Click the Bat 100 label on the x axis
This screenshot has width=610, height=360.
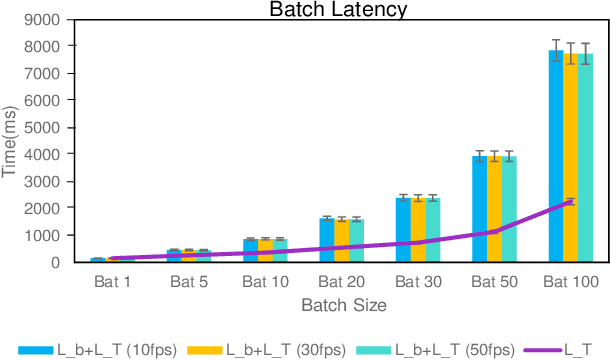[571, 283]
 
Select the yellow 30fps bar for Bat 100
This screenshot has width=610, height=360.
[571, 160]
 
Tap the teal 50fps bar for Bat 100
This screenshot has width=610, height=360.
[586, 160]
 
